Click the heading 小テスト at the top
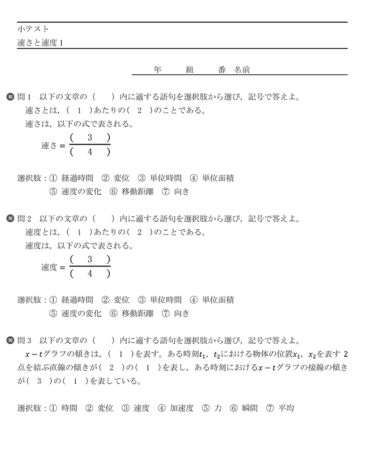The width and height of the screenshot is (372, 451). click(x=32, y=29)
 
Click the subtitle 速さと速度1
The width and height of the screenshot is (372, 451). click(x=40, y=42)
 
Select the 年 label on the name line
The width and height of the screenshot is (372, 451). click(x=158, y=70)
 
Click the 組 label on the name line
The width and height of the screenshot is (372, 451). click(x=190, y=70)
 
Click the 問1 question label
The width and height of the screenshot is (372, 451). click(x=24, y=97)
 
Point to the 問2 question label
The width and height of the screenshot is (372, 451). click(x=24, y=218)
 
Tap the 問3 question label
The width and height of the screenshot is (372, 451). click(x=24, y=340)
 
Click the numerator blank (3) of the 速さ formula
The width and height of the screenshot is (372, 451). click(x=89, y=138)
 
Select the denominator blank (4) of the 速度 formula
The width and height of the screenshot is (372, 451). click(x=89, y=274)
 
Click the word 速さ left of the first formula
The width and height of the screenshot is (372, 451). click(x=49, y=145)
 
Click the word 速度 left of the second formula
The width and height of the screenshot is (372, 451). click(x=49, y=267)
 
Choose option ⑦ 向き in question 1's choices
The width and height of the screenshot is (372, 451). click(x=175, y=191)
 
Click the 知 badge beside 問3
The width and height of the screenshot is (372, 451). click(x=11, y=340)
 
